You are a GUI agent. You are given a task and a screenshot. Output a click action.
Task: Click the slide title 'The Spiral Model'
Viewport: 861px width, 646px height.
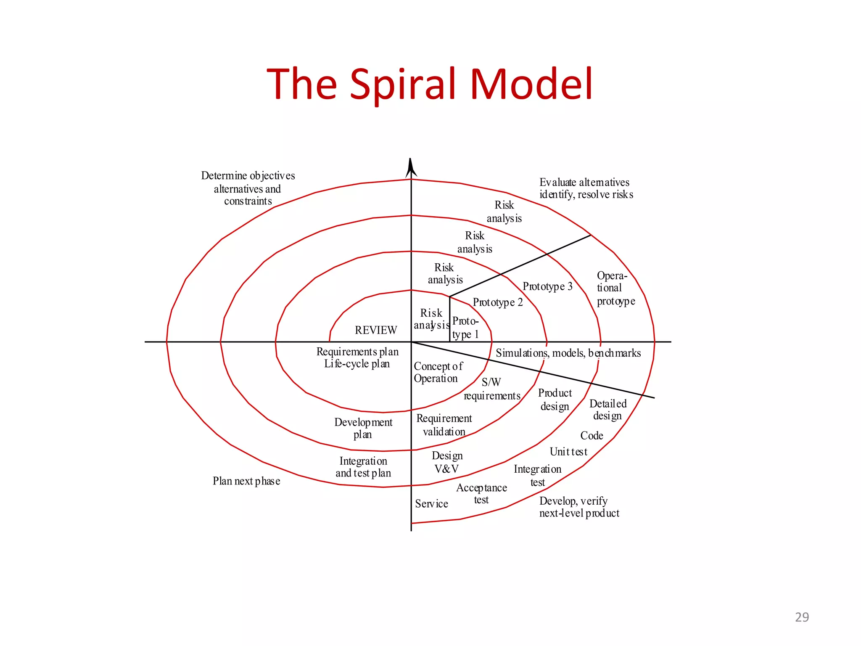coord(430,84)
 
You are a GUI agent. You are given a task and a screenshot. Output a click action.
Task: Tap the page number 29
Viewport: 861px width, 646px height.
coord(802,617)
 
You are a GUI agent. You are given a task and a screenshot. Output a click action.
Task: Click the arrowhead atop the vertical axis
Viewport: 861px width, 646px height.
coord(411,168)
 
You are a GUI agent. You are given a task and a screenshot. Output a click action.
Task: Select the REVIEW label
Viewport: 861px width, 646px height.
coord(376,330)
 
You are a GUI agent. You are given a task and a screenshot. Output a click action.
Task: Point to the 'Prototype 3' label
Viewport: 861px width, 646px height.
coord(547,286)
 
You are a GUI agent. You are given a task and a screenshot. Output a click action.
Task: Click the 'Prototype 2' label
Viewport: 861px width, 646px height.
coord(498,302)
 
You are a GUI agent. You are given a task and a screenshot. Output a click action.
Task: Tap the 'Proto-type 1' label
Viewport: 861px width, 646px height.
coord(465,328)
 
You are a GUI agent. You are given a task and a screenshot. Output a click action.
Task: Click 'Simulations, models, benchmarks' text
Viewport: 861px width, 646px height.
coord(568,353)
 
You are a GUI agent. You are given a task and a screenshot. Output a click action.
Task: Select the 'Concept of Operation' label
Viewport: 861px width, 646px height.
coord(437,372)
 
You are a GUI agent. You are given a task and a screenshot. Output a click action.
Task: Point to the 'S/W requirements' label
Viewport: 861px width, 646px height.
coord(492,389)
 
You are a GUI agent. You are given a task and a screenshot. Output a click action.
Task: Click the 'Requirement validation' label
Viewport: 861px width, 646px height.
coord(444,425)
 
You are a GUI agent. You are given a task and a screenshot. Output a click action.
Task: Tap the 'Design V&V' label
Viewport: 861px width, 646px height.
coord(447,462)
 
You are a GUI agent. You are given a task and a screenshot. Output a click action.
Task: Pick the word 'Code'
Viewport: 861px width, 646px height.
coord(592,436)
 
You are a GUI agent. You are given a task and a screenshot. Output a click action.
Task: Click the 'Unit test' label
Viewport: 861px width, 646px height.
coord(568,452)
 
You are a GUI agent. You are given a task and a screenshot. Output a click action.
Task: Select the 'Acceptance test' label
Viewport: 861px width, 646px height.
coord(481,494)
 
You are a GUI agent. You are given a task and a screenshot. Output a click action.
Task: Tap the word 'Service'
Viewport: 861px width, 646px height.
coord(431,504)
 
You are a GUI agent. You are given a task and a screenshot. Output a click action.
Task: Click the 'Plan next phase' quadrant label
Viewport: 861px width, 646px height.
coord(246,481)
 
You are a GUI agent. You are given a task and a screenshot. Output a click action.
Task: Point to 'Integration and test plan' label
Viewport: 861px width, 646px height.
coord(363,467)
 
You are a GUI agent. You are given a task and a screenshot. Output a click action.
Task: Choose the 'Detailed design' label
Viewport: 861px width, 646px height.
coord(607,410)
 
